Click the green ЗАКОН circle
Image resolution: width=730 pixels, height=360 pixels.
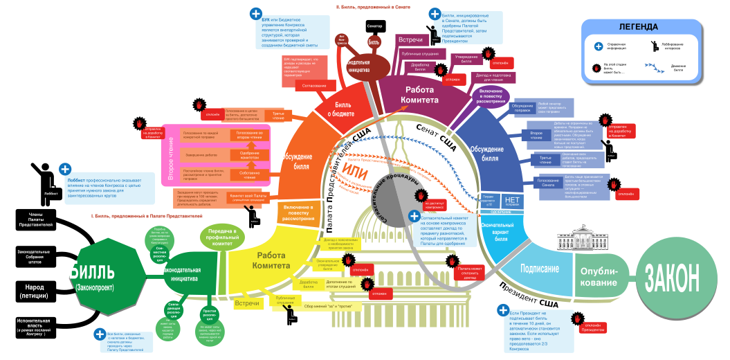click(x=672, y=277)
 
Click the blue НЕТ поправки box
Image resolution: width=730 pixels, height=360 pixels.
click(x=512, y=201)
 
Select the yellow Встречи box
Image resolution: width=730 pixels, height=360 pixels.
click(x=247, y=303)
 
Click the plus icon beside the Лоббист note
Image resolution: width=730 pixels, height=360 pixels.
click(x=65, y=169)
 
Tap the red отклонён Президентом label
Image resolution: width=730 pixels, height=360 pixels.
click(x=592, y=326)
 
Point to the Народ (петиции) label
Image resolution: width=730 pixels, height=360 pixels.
click(x=35, y=291)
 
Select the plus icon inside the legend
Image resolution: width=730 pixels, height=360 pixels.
click(x=599, y=46)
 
